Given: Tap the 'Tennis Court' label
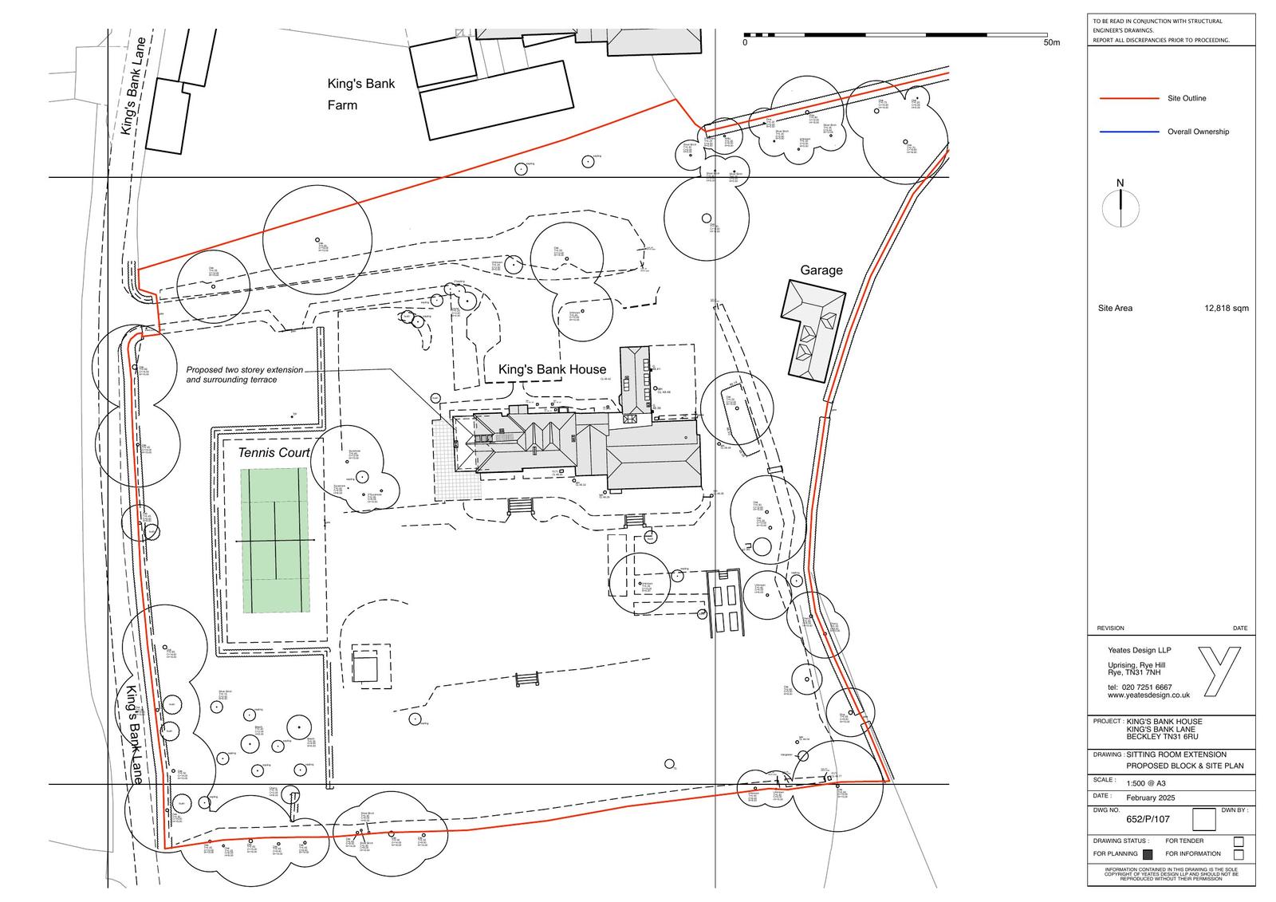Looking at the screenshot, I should point(274,453).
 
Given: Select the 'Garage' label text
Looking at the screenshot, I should point(821,270).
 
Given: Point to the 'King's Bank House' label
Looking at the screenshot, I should point(552,369).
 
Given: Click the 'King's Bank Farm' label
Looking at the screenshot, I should point(360,94).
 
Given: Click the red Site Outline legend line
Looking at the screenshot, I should point(1128,99).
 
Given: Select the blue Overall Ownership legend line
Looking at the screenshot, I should point(1128,132).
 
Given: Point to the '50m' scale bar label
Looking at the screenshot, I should point(1052,43).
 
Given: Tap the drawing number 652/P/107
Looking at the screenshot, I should point(1148,819).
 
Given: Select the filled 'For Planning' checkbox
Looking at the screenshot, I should point(1148,854).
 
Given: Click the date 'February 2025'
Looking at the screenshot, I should point(1152,798).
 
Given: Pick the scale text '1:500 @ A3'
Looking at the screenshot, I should point(1147,782).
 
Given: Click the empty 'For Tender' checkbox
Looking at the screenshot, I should point(1239,841).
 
